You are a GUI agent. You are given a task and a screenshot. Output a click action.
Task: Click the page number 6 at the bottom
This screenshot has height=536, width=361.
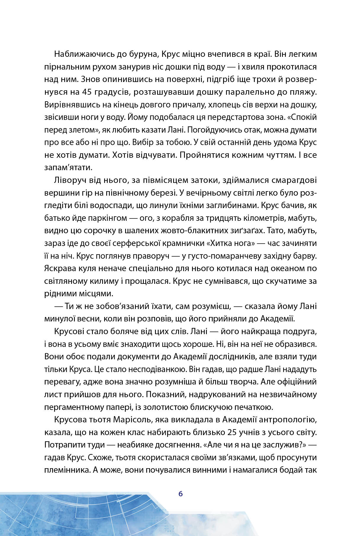[180, 494]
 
